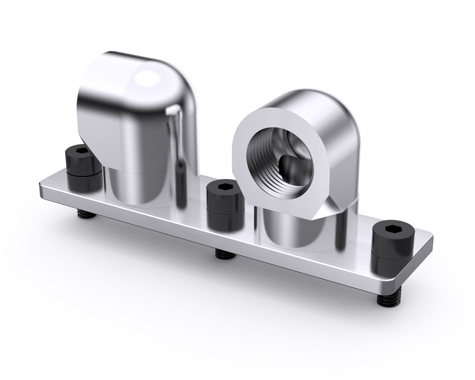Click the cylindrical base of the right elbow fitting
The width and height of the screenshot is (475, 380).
[294, 235]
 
